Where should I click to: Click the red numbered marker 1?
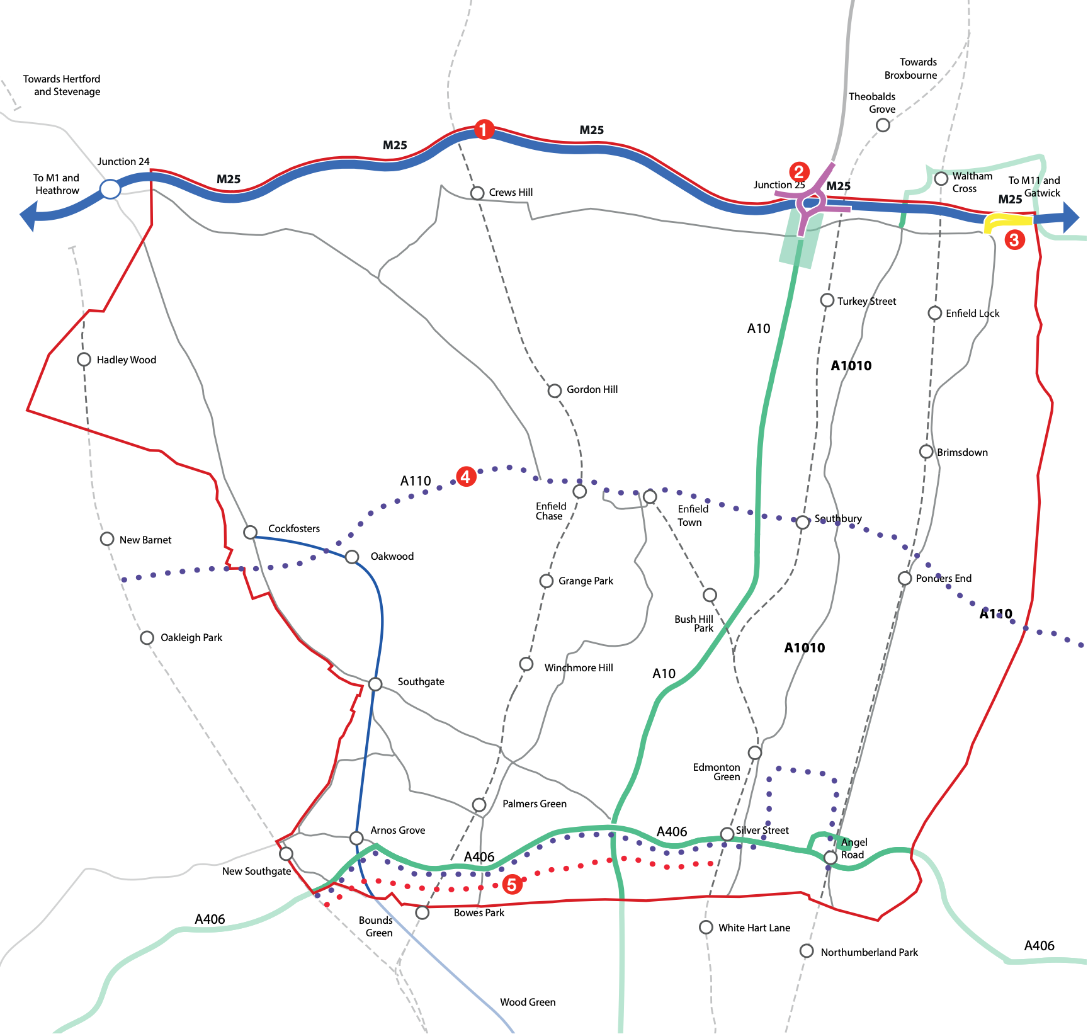click(484, 130)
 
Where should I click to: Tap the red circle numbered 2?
click(798, 171)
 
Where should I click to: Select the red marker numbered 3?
click(1014, 239)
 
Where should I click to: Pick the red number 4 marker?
click(465, 477)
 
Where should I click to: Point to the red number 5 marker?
click(512, 884)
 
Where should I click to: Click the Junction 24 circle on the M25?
click(110, 189)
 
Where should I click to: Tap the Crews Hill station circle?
click(477, 193)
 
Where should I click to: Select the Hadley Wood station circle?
click(84, 360)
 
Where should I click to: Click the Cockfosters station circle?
click(250, 532)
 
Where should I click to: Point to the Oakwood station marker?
click(352, 557)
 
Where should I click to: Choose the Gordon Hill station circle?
click(554, 390)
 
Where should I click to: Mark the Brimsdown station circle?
click(926, 452)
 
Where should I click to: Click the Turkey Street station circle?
click(827, 300)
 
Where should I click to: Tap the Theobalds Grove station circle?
click(883, 125)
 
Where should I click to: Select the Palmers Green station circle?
click(479, 805)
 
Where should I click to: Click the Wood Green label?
click(528, 1002)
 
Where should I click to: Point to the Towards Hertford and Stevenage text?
click(62, 85)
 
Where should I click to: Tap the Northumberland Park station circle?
click(807, 951)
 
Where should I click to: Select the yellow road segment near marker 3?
click(1007, 221)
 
